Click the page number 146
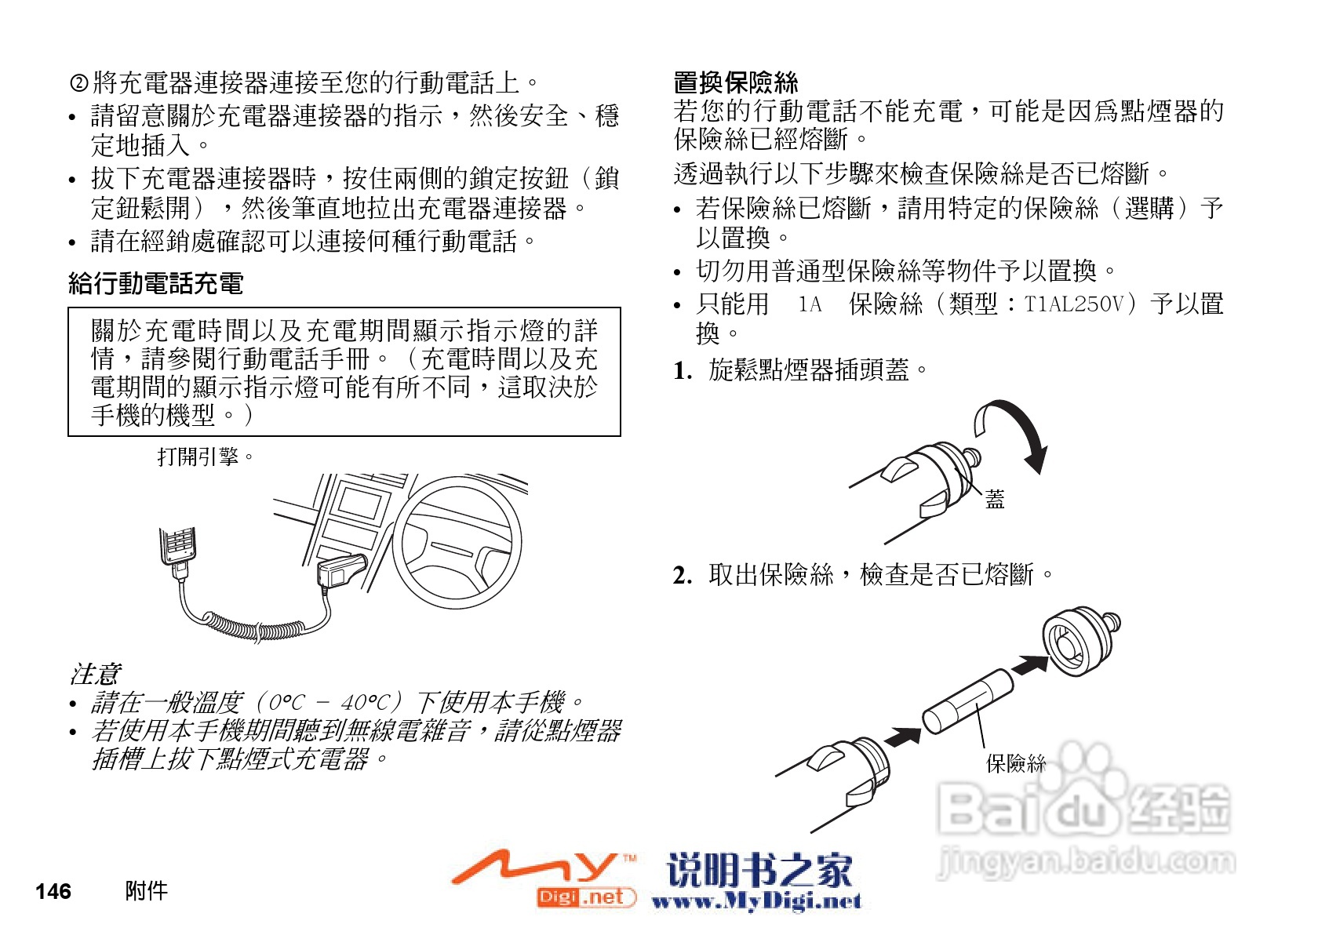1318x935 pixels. pyautogui.click(x=53, y=891)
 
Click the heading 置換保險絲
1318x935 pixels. pyautogui.click(x=735, y=82)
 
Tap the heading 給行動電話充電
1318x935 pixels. pyautogui.click(x=156, y=282)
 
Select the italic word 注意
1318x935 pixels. pyautogui.click(x=94, y=673)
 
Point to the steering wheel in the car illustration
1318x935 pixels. pyautogui.click(x=457, y=543)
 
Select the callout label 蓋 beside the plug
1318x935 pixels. pyautogui.click(x=995, y=499)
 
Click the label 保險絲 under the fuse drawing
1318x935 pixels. pyautogui.click(x=1015, y=762)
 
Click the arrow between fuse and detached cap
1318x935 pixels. pyautogui.click(x=1029, y=665)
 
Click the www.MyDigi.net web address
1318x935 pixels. pyautogui.click(x=756, y=901)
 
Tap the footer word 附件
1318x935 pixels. pyautogui.click(x=146, y=891)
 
